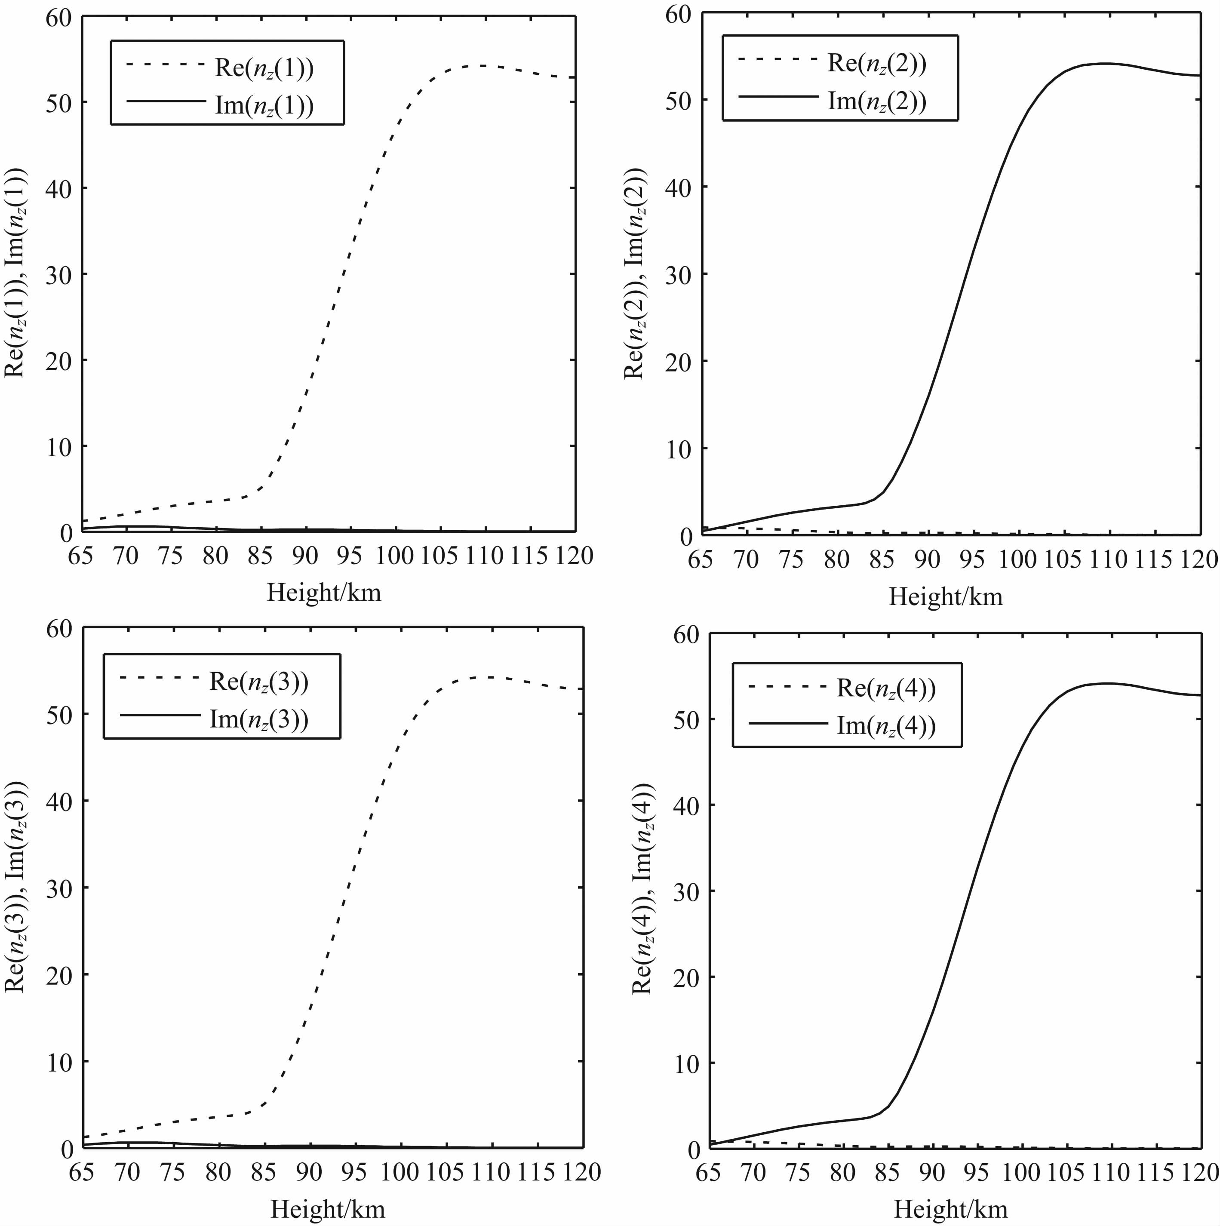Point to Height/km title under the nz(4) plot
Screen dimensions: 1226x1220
[950, 1210]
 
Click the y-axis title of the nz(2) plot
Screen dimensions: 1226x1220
[634, 273]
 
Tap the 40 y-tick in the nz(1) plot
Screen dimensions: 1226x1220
[58, 188]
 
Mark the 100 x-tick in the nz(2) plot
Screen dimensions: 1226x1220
[1017, 560]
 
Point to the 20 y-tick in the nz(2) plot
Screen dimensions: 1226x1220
[678, 361]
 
